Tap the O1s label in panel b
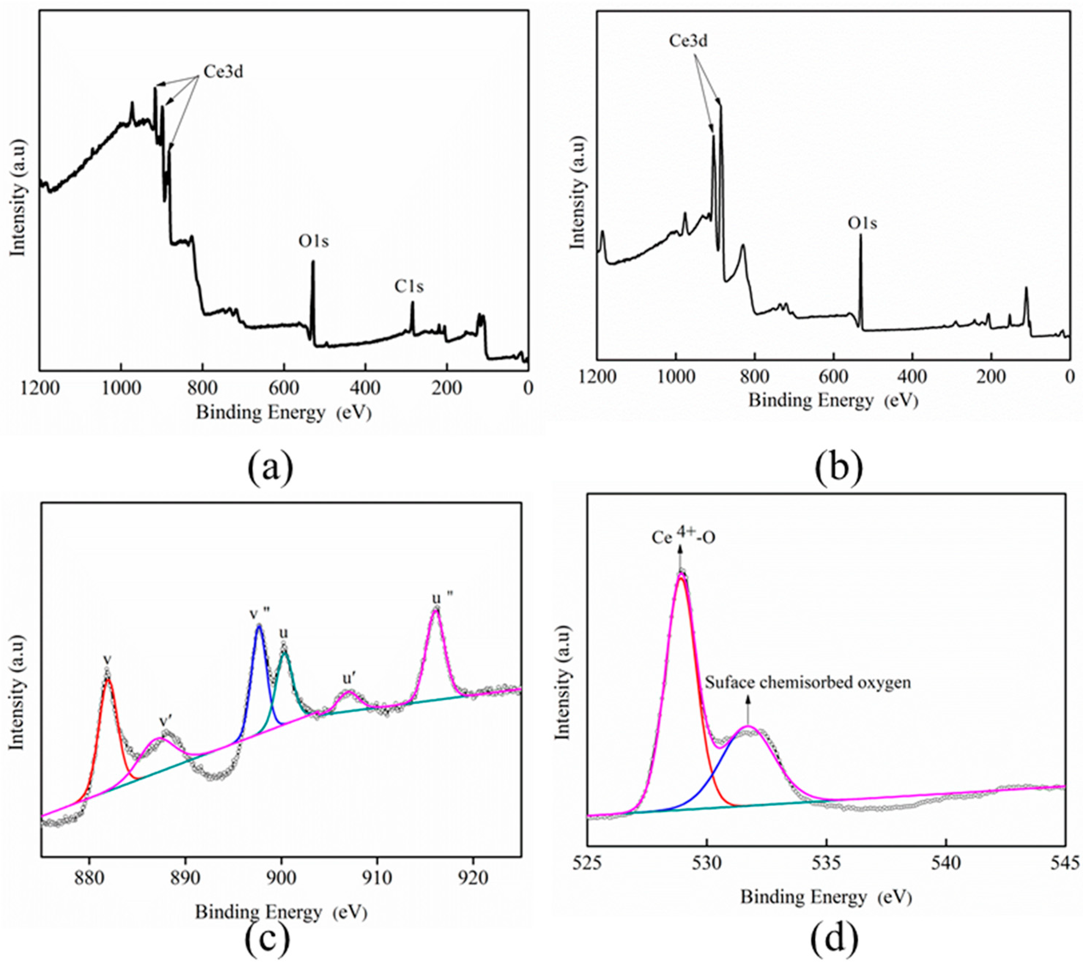(862, 223)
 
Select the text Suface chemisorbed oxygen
(808, 682)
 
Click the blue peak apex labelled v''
(259, 626)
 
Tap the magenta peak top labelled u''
(435, 611)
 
